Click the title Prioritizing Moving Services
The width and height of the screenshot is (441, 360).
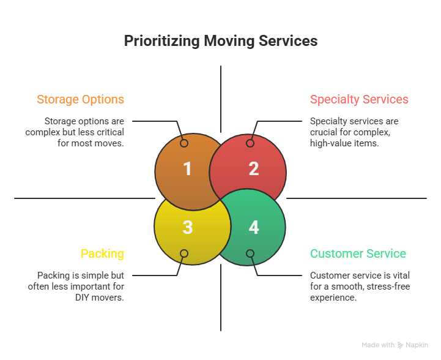pos(220,41)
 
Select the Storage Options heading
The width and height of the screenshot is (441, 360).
pos(80,99)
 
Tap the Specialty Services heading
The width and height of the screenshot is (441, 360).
pos(359,99)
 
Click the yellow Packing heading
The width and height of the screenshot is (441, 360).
pos(102,253)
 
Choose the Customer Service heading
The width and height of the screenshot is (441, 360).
pos(358,253)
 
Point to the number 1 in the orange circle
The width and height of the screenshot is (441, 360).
pos(188,169)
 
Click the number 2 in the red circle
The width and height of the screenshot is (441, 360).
pos(254,169)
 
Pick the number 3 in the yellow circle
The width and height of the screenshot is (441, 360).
pos(188,228)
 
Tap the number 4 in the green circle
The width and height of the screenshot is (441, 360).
pos(254,228)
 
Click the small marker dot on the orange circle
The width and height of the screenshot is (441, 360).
pos(183,143)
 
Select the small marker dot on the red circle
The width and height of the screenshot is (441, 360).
pos(250,143)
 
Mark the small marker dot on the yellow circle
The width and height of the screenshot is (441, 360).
pos(183,253)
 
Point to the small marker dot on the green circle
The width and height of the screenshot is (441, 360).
pos(250,253)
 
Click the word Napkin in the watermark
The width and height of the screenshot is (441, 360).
pos(417,345)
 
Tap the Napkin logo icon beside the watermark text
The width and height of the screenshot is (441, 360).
pos(400,345)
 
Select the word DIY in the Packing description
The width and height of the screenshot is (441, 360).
pos(83,298)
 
